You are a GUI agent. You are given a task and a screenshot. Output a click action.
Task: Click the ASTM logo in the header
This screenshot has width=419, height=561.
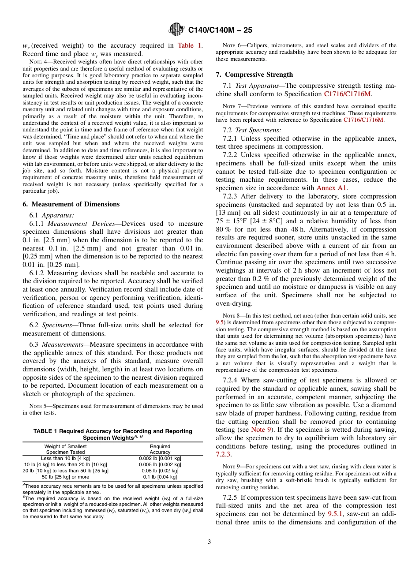176,30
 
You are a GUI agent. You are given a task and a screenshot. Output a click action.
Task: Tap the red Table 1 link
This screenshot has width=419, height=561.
190,45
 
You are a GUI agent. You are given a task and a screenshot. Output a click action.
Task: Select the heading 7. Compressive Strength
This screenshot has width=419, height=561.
254,75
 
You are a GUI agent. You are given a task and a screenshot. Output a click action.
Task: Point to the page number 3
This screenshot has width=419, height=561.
209,542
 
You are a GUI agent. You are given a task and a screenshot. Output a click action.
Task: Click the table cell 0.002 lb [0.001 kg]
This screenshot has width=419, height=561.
160,458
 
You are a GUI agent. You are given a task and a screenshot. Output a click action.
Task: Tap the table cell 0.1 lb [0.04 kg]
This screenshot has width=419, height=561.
160,477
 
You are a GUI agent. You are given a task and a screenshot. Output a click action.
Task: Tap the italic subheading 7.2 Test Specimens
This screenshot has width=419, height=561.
252,130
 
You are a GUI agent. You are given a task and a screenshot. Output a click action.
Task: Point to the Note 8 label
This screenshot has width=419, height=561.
229,316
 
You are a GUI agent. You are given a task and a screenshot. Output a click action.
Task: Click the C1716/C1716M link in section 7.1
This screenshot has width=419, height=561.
348,94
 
